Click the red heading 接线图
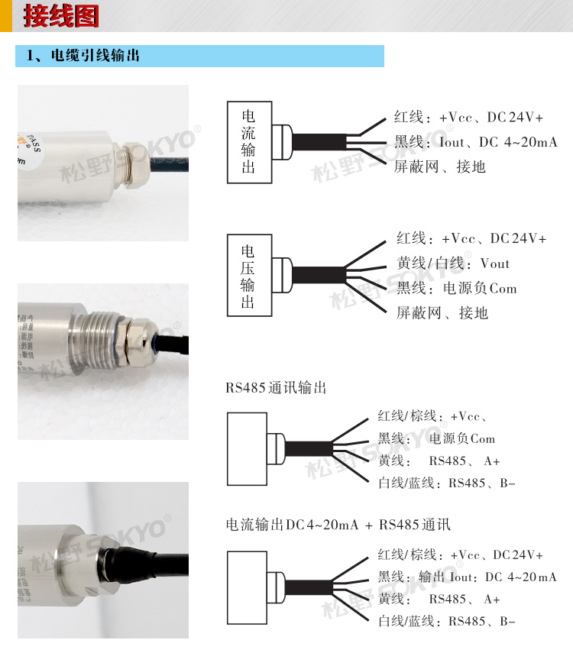(x=61, y=16)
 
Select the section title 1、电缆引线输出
(x=83, y=56)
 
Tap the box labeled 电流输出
(x=248, y=142)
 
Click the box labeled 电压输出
(x=248, y=276)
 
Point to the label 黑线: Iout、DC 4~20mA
(x=475, y=142)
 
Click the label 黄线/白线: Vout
(x=452, y=263)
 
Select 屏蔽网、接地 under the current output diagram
(x=439, y=166)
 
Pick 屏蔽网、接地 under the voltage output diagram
(x=442, y=312)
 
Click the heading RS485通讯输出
(x=276, y=388)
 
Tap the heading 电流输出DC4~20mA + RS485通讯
(x=338, y=525)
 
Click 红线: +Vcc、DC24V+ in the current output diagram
(x=468, y=118)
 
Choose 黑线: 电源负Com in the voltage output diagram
(x=456, y=289)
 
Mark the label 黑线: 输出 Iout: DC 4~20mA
(x=467, y=577)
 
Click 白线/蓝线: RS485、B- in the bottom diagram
(x=447, y=621)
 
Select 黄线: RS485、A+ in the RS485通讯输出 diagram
(x=439, y=461)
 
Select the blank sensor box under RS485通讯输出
(x=245, y=448)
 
